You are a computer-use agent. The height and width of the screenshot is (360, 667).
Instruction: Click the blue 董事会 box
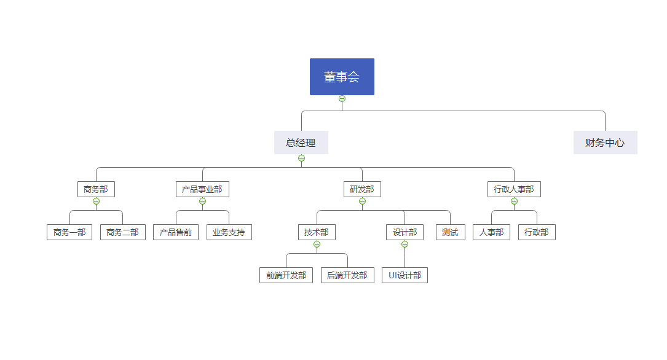click(x=342, y=77)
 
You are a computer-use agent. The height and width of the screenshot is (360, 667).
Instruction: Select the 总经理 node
click(x=301, y=143)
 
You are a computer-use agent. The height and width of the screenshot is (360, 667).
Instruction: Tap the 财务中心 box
click(x=606, y=143)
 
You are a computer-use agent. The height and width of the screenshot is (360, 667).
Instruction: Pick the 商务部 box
click(x=96, y=189)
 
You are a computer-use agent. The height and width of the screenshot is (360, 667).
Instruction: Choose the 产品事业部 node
click(x=202, y=189)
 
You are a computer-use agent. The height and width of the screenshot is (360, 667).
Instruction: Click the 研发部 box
click(x=363, y=189)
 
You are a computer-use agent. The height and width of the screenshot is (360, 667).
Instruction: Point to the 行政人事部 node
click(x=515, y=189)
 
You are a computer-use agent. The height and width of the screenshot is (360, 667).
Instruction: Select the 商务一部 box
click(x=69, y=232)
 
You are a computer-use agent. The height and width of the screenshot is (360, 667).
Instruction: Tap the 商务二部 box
click(x=123, y=232)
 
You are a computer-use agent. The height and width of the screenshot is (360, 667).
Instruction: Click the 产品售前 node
click(x=176, y=232)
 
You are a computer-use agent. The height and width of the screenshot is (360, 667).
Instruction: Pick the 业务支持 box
click(x=229, y=232)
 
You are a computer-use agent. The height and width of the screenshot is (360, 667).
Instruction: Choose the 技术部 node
click(x=317, y=232)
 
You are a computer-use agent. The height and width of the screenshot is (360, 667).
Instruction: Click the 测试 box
click(x=451, y=232)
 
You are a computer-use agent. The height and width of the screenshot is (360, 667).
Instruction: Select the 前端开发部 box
click(x=286, y=275)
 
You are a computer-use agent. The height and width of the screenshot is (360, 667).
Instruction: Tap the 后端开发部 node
click(x=347, y=275)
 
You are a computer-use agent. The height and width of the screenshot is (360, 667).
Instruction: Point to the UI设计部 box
click(x=405, y=275)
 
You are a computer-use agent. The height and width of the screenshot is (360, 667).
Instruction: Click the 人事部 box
click(x=492, y=232)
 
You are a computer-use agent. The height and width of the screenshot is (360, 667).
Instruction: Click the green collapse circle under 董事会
click(x=342, y=99)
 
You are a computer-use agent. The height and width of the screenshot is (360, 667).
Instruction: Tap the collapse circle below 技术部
click(x=317, y=244)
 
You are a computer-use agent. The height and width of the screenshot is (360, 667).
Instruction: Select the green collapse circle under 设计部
click(x=405, y=244)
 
